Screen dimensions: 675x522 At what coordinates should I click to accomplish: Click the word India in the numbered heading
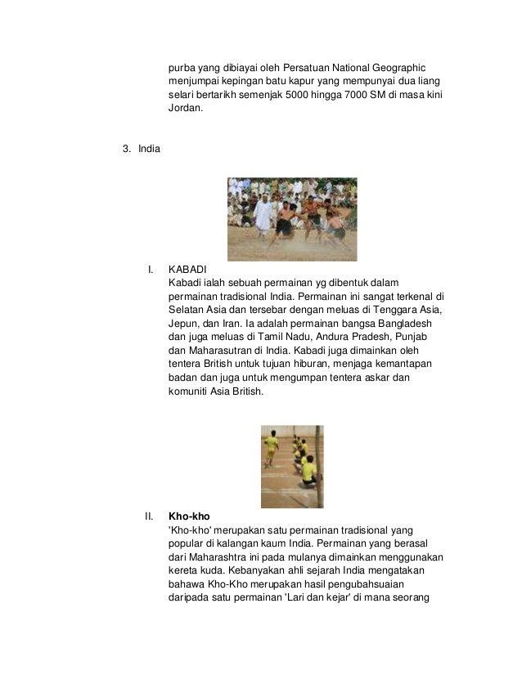coord(150,149)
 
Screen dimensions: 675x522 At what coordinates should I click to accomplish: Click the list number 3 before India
coord(125,149)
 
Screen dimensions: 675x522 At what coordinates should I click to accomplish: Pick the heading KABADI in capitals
coord(189,268)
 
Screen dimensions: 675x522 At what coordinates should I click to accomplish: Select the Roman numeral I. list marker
coord(151,268)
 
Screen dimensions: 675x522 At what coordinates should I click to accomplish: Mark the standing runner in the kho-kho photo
coord(272,447)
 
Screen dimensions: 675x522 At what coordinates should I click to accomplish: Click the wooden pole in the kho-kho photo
coord(319,466)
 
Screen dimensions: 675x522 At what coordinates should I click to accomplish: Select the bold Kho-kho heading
coord(188,516)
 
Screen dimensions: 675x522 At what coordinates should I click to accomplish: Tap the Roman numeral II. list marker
coord(149,516)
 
